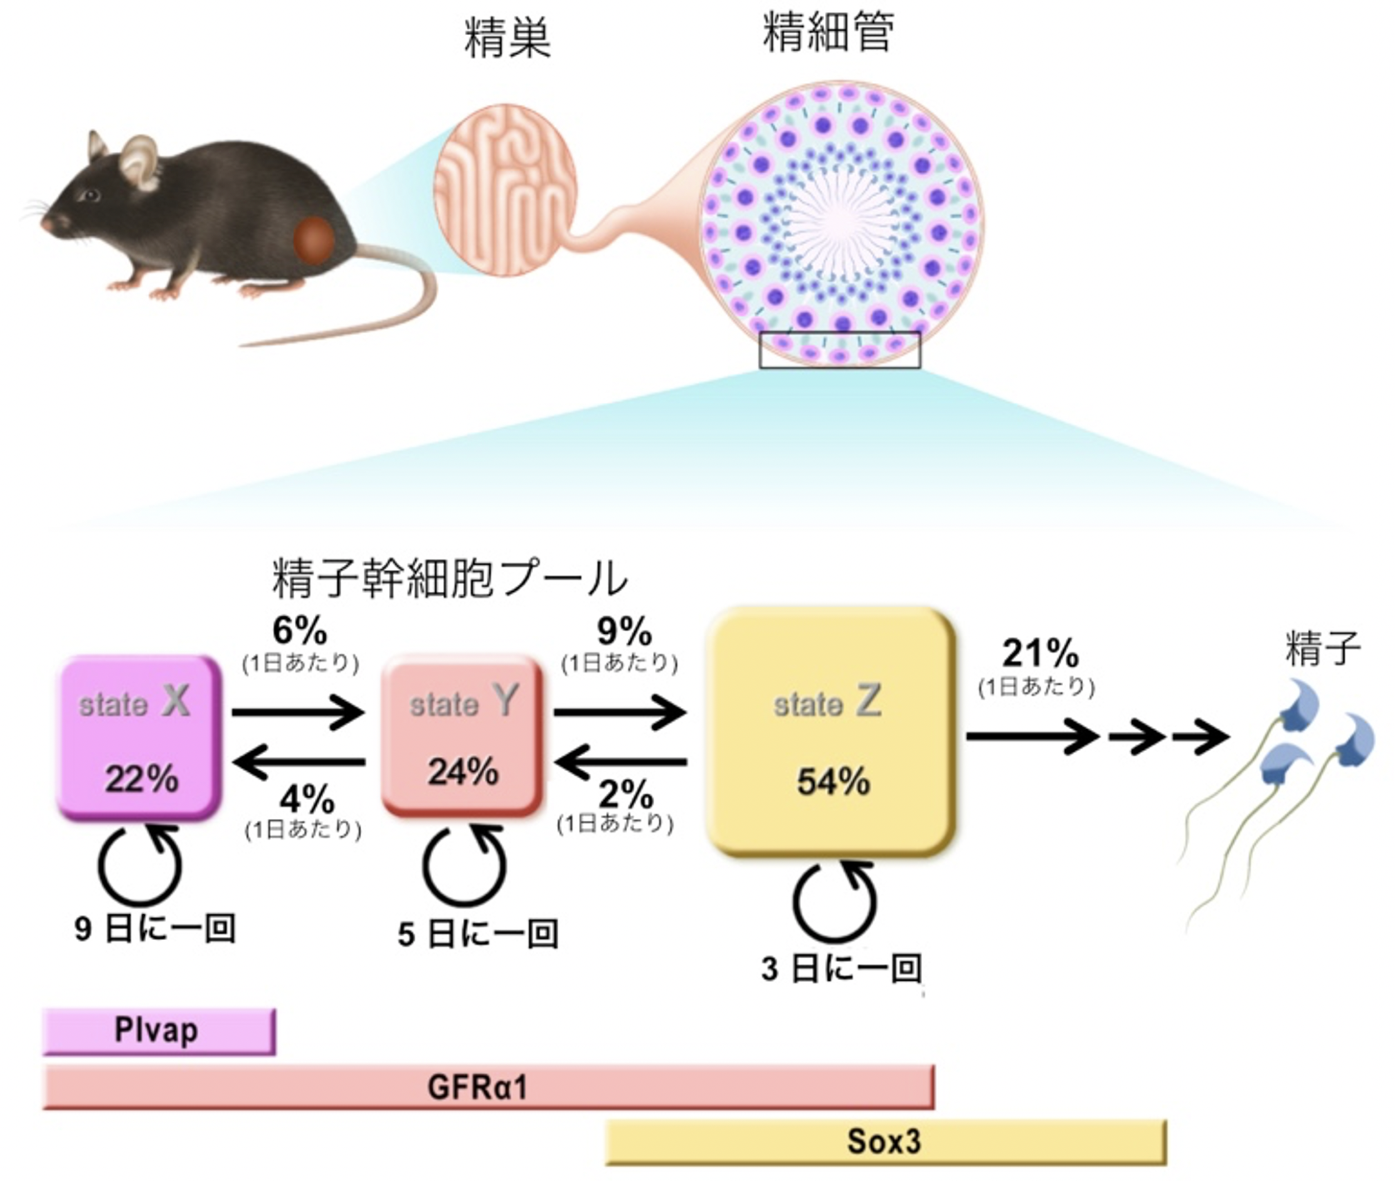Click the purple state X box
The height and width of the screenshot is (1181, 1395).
point(139,737)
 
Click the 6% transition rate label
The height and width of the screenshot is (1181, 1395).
point(300,631)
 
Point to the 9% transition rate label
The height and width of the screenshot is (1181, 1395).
point(623,631)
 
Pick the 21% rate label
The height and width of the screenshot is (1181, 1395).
point(1040,653)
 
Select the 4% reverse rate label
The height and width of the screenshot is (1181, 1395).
point(307,799)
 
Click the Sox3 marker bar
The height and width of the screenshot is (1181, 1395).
point(885,1141)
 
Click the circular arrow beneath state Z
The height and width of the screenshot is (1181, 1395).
point(834,900)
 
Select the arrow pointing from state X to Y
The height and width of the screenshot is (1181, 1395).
point(298,711)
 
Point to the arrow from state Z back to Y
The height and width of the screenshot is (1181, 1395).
point(621,762)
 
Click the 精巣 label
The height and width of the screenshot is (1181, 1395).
point(507,38)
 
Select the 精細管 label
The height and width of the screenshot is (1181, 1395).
point(829,31)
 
